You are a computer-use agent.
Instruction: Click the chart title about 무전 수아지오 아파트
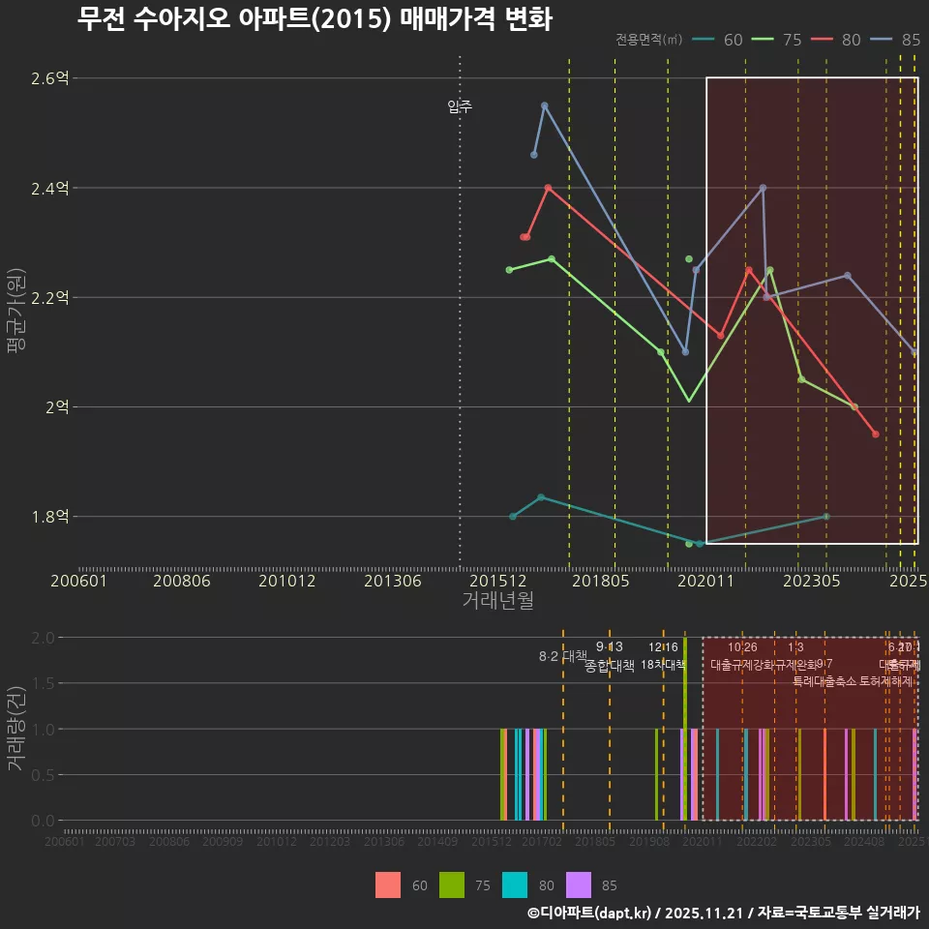tap(315, 19)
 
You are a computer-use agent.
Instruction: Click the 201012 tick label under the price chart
tap(286, 582)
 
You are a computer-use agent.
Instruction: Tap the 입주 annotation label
tap(460, 107)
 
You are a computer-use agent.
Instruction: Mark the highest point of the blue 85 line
tap(544, 105)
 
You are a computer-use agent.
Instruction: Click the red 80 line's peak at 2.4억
tap(548, 188)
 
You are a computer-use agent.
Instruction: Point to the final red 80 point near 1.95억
tap(876, 435)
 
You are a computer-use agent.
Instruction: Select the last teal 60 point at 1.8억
tap(825, 517)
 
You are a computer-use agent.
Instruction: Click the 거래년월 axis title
tap(497, 601)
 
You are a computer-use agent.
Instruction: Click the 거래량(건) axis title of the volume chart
tap(16, 729)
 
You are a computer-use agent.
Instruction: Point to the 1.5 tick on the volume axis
tap(43, 683)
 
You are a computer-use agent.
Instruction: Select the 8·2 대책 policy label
tap(563, 656)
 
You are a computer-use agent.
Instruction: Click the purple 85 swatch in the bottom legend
tap(578, 885)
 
